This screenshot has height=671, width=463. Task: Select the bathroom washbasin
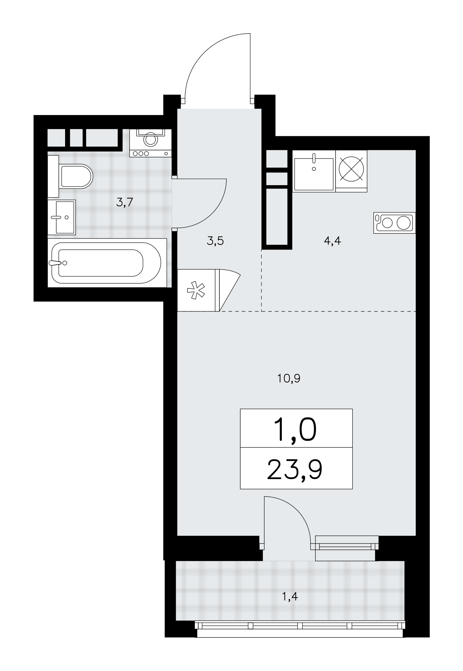62,217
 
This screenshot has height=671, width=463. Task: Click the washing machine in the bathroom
151,142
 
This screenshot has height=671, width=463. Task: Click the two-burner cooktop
394,222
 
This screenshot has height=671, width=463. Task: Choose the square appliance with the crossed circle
351,171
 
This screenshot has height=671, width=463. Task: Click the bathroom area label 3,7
125,202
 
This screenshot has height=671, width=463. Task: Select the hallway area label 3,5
215,241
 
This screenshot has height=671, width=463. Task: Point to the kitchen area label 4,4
332,241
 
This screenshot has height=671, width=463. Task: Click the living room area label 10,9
289,378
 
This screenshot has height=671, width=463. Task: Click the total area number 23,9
295,470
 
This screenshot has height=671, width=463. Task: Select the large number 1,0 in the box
295,430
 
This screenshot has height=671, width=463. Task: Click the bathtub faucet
58,263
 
